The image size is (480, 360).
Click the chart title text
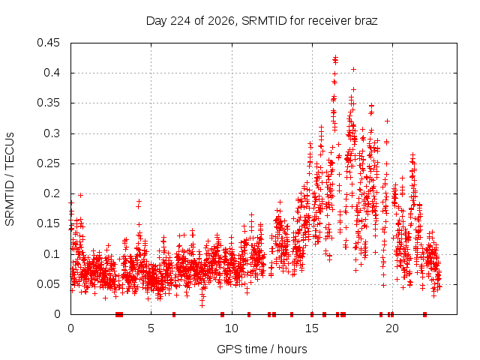click(x=262, y=21)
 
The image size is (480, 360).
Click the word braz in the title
click(x=366, y=21)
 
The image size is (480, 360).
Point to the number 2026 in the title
click(x=221, y=21)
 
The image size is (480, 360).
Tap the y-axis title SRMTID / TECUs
click(x=10, y=179)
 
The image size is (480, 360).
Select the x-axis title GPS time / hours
click(x=262, y=349)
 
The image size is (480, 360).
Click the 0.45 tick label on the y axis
click(x=48, y=43)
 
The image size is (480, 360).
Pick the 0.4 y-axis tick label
click(x=52, y=73)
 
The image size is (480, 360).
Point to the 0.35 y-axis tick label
click(x=48, y=103)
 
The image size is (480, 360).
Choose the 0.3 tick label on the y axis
click(x=52, y=133)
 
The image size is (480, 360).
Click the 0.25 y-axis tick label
click(x=48, y=163)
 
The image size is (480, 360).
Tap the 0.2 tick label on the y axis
click(x=52, y=193)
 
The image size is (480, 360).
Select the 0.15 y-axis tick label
click(x=48, y=223)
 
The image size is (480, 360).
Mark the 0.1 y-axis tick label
click(x=52, y=253)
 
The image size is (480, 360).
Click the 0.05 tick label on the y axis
click(x=48, y=284)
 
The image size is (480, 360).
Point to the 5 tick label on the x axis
click(x=151, y=328)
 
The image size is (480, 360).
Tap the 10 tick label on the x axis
click(x=232, y=328)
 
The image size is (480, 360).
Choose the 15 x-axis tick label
click(x=312, y=328)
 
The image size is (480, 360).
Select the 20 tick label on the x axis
click(x=392, y=328)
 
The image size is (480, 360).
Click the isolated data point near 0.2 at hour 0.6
click(x=80, y=195)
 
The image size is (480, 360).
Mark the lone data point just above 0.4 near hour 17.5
click(x=353, y=70)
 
